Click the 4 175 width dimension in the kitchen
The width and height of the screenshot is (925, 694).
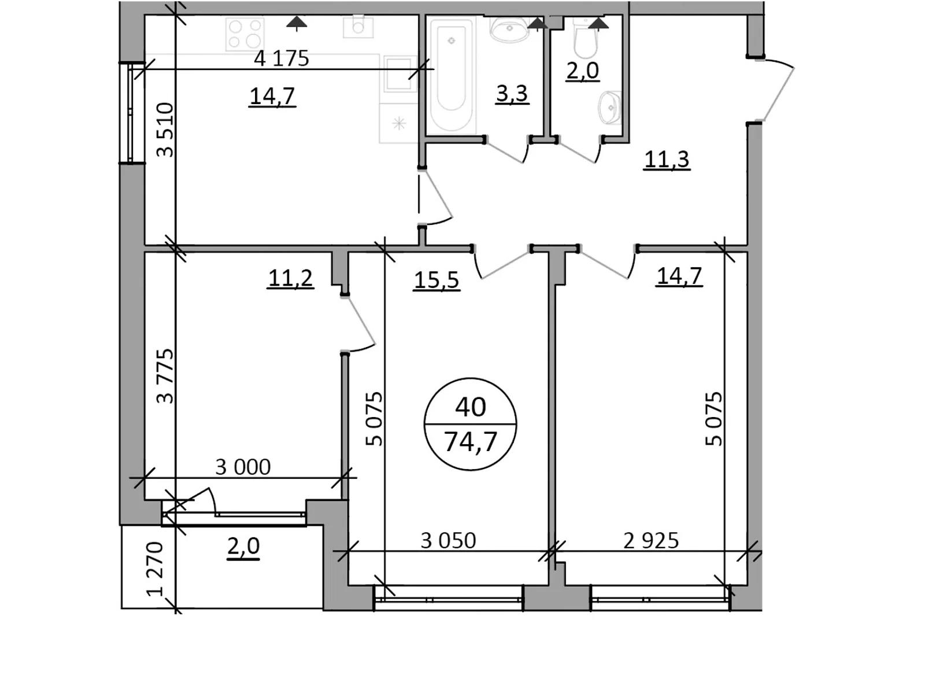(x=282, y=58)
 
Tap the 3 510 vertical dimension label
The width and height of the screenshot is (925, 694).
(x=165, y=130)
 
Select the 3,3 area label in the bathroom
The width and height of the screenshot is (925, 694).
(x=512, y=93)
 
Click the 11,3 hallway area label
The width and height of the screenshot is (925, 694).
(x=667, y=158)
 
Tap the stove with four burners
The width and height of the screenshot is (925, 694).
(x=245, y=34)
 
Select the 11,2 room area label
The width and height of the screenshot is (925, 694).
(x=290, y=278)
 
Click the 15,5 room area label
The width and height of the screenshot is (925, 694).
(x=436, y=280)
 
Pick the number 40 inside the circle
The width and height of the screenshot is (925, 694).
(x=470, y=407)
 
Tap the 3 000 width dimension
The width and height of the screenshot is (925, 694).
(x=243, y=467)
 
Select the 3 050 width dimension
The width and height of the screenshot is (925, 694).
(x=448, y=541)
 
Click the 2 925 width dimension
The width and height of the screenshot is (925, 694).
(x=651, y=541)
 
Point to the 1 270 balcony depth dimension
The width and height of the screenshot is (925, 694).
(x=155, y=569)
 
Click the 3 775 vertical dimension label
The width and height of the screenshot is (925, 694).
(x=165, y=376)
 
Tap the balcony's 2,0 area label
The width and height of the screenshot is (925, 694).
(x=243, y=546)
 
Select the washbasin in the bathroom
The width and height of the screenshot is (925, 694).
(x=509, y=29)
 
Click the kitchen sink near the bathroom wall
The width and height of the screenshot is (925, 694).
(x=399, y=73)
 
